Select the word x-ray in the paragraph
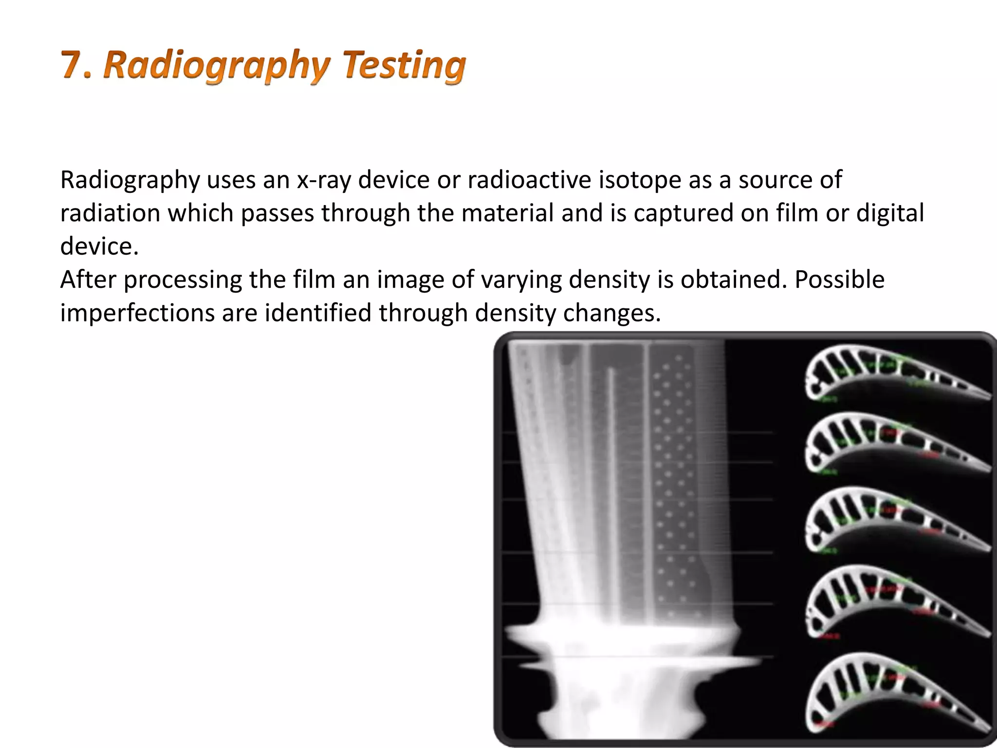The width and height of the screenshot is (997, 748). coord(324,180)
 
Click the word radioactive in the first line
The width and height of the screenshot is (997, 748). coord(529,180)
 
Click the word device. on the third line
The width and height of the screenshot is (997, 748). coord(99,246)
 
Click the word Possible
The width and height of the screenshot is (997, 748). coord(839,280)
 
